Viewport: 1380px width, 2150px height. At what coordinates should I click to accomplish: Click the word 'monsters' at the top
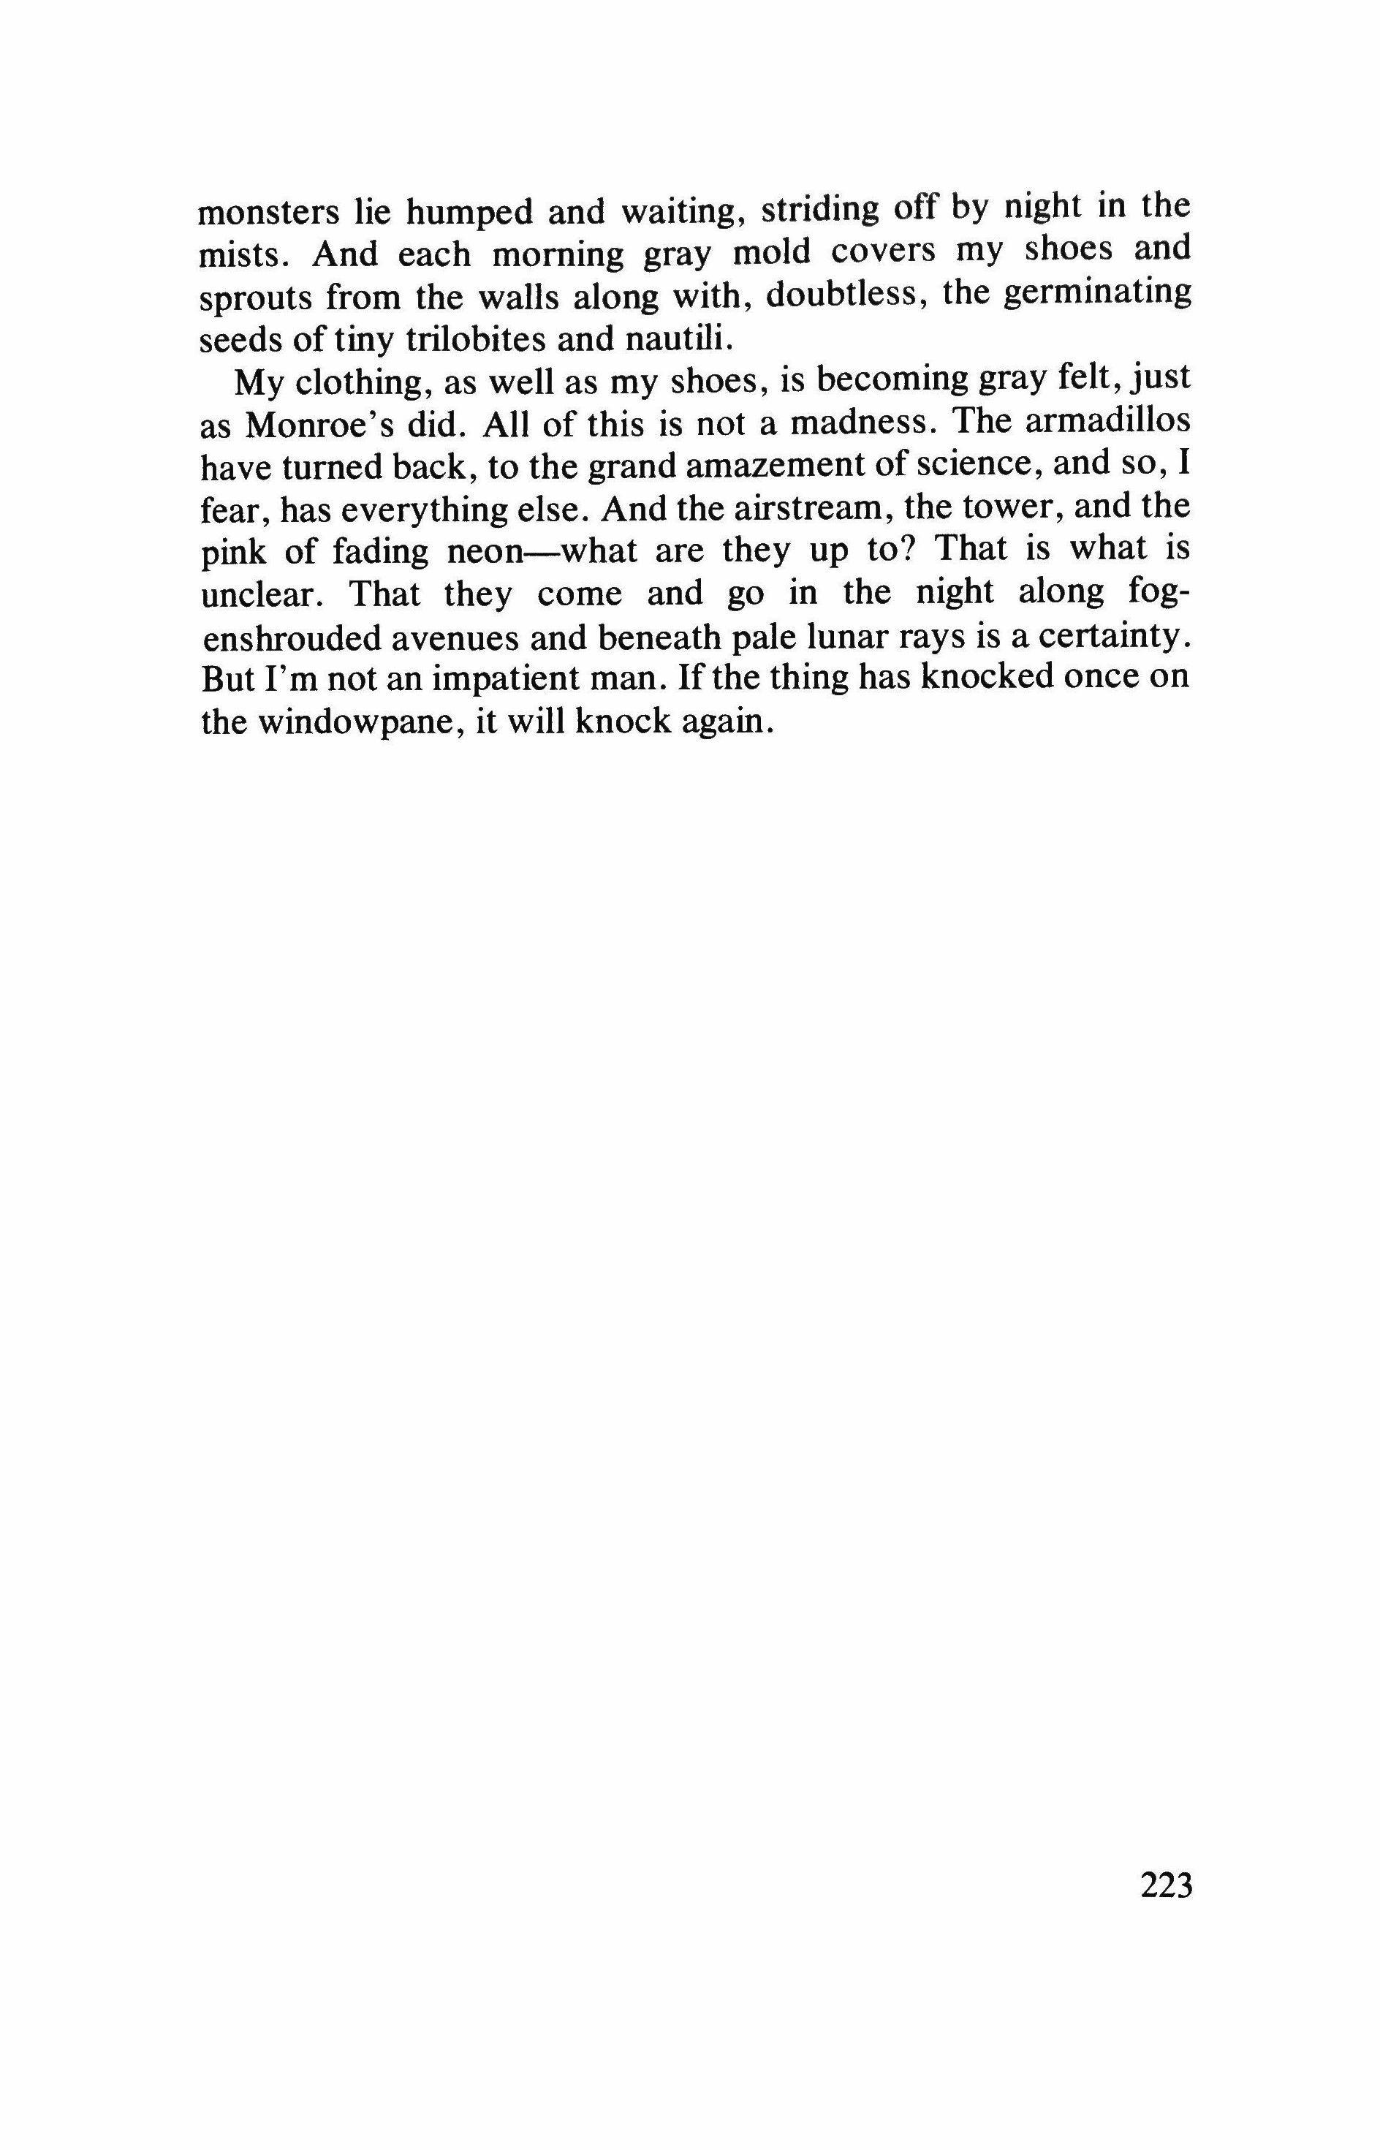coord(268,213)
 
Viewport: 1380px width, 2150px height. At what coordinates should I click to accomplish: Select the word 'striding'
coord(819,211)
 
